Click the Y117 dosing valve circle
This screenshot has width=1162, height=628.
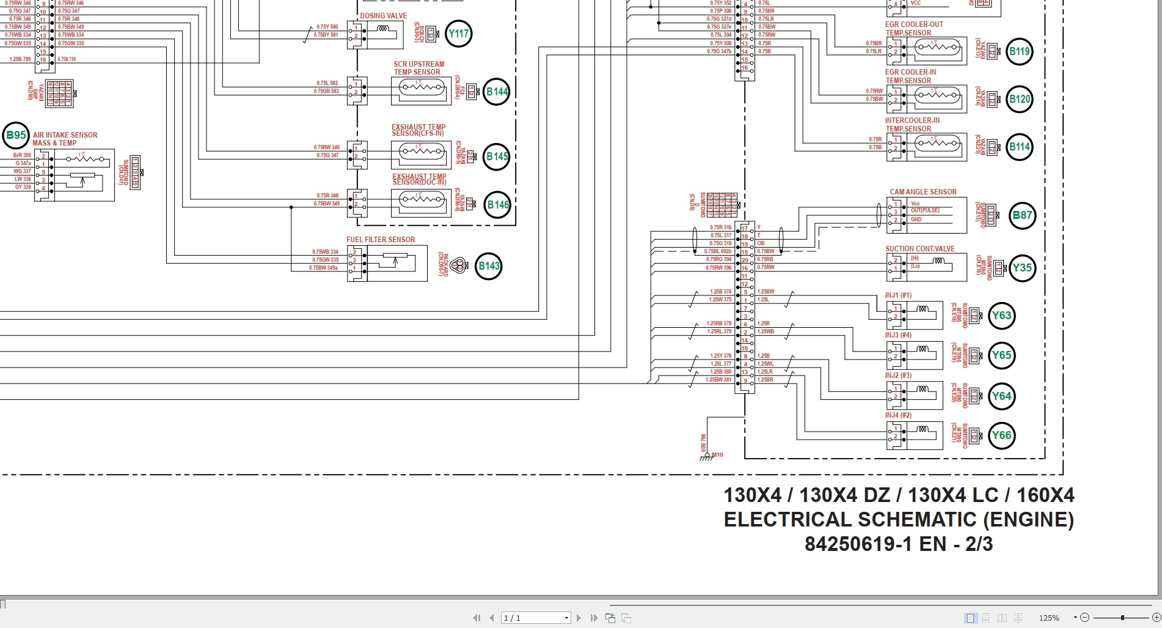click(x=459, y=34)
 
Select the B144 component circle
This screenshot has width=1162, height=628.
click(x=497, y=92)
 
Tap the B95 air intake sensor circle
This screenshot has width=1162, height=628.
click(x=16, y=135)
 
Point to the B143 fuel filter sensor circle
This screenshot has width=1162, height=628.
click(x=489, y=266)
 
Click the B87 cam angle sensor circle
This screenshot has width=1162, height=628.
click(x=1022, y=215)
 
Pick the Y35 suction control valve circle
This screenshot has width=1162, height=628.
click(x=1021, y=268)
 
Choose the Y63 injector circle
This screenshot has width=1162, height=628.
click(x=1001, y=316)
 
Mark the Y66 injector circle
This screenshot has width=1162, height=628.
click(x=1001, y=435)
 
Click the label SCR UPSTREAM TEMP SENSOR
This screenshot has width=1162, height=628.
click(x=418, y=68)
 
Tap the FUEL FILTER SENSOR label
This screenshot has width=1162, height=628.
click(x=381, y=240)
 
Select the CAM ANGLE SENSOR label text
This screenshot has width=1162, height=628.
click(x=923, y=192)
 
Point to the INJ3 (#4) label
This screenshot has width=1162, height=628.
click(x=898, y=335)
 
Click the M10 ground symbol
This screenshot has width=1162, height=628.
click(x=708, y=456)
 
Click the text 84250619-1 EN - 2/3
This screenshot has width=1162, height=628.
click(x=898, y=544)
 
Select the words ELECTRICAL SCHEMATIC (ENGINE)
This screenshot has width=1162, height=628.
click(x=898, y=519)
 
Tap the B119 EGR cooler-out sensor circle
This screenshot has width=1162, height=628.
click(x=1019, y=51)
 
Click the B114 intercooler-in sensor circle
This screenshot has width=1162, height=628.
click(x=1019, y=147)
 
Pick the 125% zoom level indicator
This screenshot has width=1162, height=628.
click(x=1049, y=618)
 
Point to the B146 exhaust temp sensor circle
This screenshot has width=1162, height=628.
click(x=497, y=205)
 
